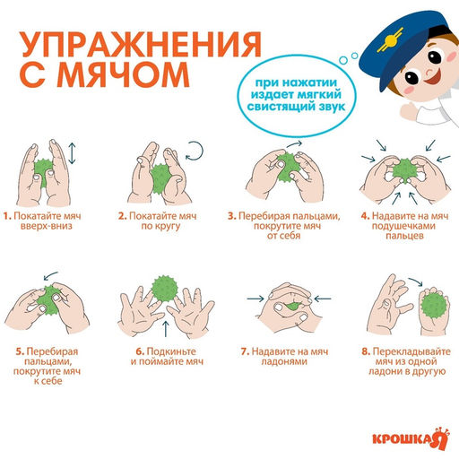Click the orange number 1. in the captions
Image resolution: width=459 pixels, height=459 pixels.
7,216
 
